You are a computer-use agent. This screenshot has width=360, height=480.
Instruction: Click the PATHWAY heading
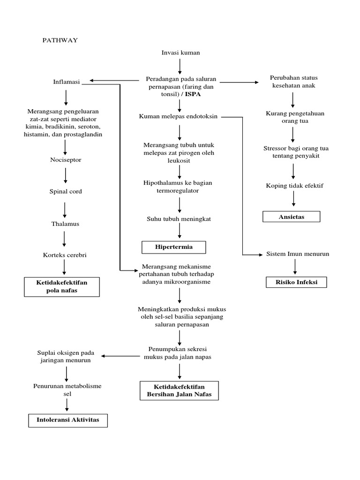click(60, 40)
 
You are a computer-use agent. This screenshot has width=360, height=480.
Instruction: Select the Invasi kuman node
click(180, 52)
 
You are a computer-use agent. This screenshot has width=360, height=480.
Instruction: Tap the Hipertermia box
click(174, 247)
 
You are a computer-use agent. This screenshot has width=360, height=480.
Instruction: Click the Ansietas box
click(291, 217)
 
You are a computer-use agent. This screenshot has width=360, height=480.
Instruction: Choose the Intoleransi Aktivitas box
click(68, 420)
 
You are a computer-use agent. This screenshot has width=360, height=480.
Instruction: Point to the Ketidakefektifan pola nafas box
click(62, 286)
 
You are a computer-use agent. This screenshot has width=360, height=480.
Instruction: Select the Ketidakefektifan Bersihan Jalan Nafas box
click(180, 390)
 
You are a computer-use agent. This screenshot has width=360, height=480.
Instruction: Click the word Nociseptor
click(66, 160)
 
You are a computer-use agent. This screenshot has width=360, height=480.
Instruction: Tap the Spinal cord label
click(65, 191)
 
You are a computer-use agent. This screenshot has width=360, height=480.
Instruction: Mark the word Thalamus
click(65, 224)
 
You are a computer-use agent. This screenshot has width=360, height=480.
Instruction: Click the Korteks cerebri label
click(65, 255)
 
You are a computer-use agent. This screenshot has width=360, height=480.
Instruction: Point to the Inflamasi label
click(67, 82)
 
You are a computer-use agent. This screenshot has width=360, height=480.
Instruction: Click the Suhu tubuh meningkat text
click(179, 218)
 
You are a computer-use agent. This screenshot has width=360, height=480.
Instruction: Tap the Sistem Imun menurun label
click(298, 254)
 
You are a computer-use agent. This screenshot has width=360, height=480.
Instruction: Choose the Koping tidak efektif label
click(294, 186)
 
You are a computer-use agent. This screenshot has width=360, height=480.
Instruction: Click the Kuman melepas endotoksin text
click(179, 116)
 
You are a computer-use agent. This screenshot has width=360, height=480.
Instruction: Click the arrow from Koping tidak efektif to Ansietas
click(294, 199)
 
